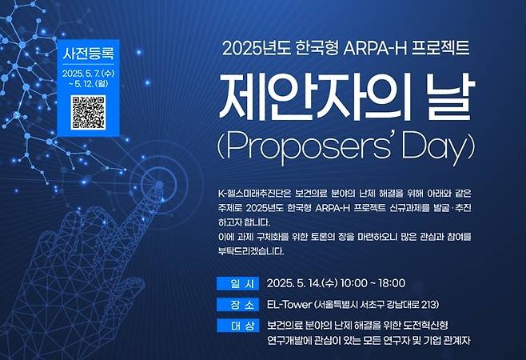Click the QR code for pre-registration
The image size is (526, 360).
tap(88, 113)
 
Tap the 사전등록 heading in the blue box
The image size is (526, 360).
tap(88, 54)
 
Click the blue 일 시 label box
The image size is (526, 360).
tap(238, 284)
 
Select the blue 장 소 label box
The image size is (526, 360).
tap(238, 305)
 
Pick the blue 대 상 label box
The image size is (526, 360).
tap(238, 326)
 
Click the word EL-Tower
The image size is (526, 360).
tap(289, 305)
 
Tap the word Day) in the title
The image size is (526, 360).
tap(439, 148)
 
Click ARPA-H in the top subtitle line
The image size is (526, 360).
tap(375, 48)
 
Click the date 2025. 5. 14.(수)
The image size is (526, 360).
tap(302, 283)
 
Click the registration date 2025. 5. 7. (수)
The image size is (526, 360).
tap(88, 74)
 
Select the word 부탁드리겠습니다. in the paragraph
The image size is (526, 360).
tap(251, 251)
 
